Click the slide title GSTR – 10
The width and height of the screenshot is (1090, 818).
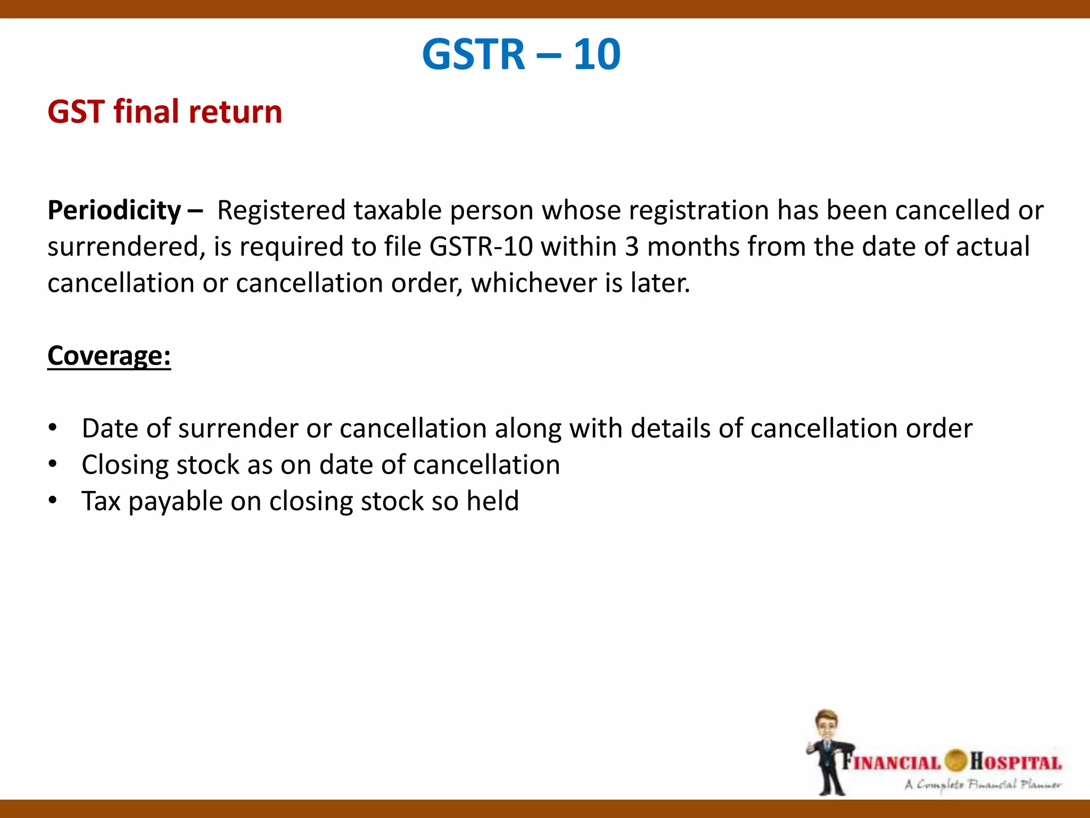(521, 54)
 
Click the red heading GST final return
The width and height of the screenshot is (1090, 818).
(164, 112)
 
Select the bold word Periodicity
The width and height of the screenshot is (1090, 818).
(114, 210)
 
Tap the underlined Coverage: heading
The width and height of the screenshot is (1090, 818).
(109, 356)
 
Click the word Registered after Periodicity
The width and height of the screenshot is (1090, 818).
(281, 210)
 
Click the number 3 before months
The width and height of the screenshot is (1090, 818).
(632, 247)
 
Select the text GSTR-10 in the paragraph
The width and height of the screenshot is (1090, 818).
(481, 247)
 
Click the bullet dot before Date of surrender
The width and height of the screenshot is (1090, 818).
(52, 428)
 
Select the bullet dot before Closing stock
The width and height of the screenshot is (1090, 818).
(52, 464)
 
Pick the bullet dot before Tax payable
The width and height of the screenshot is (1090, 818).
(52, 501)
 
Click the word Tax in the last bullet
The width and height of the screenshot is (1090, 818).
(101, 501)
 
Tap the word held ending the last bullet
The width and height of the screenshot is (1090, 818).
(492, 501)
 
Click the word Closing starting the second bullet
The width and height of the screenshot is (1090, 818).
(125, 465)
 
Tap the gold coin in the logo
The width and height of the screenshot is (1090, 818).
(955, 760)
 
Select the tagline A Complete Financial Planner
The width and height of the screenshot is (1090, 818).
(982, 784)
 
